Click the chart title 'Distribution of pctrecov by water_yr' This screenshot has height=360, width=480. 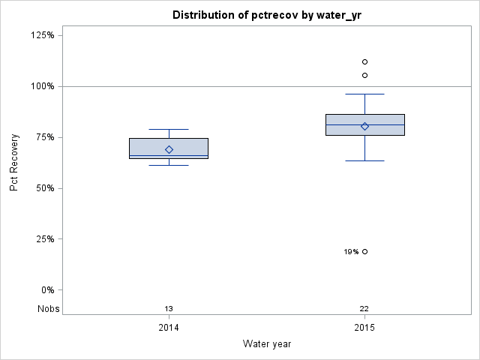pyautogui.click(x=267, y=15)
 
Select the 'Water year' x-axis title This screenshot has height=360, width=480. pyautogui.click(x=267, y=344)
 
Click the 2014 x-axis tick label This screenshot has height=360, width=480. pyautogui.click(x=169, y=328)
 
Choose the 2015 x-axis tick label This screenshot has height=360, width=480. pyautogui.click(x=364, y=328)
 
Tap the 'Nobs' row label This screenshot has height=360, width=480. pyautogui.click(x=49, y=309)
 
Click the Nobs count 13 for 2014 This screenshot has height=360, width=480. pyautogui.click(x=169, y=309)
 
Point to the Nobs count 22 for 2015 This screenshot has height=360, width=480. pyautogui.click(x=364, y=309)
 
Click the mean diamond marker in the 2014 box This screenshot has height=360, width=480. pyautogui.click(x=169, y=149)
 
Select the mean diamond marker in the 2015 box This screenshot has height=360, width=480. pyautogui.click(x=364, y=126)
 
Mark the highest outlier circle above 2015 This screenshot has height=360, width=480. pyautogui.click(x=364, y=61)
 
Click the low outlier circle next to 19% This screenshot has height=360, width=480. pyautogui.click(x=364, y=251)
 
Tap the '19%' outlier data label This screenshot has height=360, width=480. pyautogui.click(x=351, y=252)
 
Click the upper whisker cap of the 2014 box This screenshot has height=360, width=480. pyautogui.click(x=169, y=130)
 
